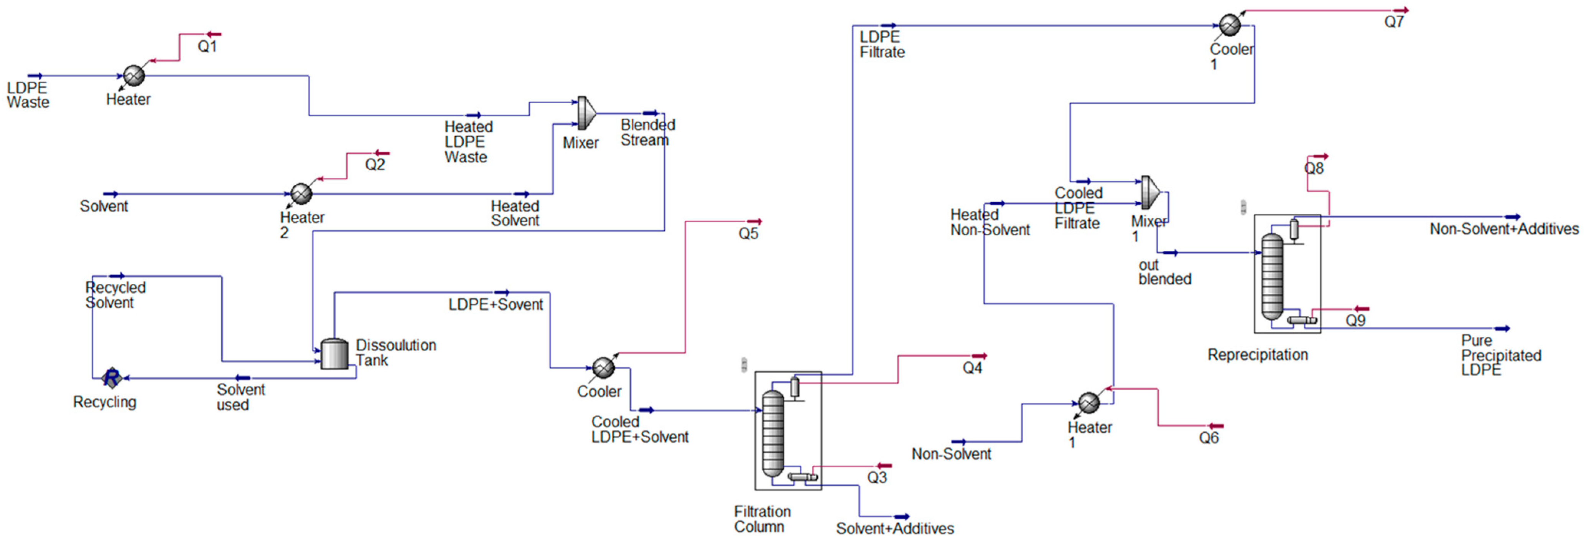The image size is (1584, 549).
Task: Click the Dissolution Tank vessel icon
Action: click(334, 354)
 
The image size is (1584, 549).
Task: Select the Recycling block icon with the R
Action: click(111, 377)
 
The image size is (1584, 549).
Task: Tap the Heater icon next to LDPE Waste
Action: click(134, 76)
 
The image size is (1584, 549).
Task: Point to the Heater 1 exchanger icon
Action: click(1089, 402)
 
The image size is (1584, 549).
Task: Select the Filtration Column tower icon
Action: click(773, 434)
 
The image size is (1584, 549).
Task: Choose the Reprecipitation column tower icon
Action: click(1272, 277)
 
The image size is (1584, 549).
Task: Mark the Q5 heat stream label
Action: click(748, 234)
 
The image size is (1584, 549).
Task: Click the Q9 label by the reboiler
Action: click(1355, 321)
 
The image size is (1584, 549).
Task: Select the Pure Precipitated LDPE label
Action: click(1500, 355)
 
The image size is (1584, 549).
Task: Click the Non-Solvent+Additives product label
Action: click(1503, 229)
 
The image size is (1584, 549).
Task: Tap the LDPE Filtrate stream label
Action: click(882, 44)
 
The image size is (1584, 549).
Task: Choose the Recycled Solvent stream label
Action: click(115, 295)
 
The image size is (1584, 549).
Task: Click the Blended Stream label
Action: click(647, 132)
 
